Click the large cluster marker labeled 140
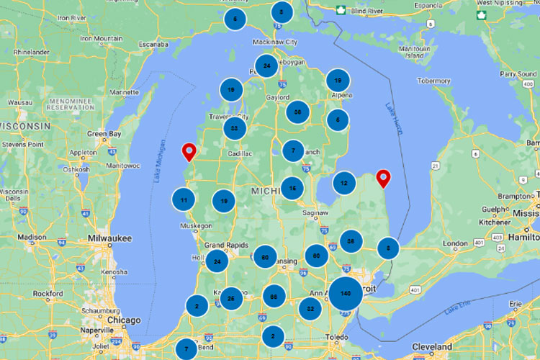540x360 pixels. click(346, 294)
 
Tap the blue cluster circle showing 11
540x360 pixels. click(184, 200)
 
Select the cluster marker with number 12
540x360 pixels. click(344, 184)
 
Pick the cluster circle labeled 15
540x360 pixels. click(292, 189)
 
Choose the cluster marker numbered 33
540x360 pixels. click(235, 128)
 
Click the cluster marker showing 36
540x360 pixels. click(351, 241)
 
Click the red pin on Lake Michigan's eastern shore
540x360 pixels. click(189, 152)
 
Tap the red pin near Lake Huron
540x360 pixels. click(384, 176)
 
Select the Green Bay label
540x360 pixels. click(104, 134)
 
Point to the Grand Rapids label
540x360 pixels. click(226, 245)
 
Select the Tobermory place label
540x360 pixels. click(433, 81)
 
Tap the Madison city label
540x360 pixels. click(32, 237)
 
